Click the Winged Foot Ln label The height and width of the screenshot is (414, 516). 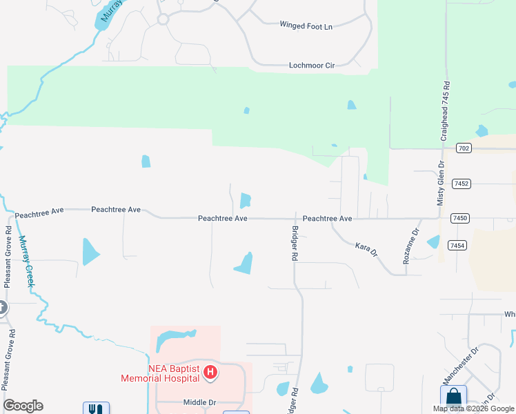(306, 26)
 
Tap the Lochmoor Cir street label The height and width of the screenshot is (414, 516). (311, 66)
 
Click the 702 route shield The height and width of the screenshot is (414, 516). (464, 148)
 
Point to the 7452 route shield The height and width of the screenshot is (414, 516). (462, 184)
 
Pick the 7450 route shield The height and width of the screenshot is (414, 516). (460, 218)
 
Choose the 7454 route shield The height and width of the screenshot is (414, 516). (456, 246)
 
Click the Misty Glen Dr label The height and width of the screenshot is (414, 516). (440, 183)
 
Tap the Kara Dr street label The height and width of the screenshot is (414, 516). (366, 248)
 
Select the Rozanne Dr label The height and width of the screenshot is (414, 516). (411, 246)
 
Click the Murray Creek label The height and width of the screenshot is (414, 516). (26, 262)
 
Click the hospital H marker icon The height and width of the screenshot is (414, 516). (211, 374)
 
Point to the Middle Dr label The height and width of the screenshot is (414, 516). (200, 402)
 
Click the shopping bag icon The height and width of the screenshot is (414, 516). (453, 397)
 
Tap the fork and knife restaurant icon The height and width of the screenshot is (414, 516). (92, 408)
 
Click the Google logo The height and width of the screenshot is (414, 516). (23, 406)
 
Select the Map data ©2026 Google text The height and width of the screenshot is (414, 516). (473, 408)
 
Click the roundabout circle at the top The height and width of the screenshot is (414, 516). (163, 19)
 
